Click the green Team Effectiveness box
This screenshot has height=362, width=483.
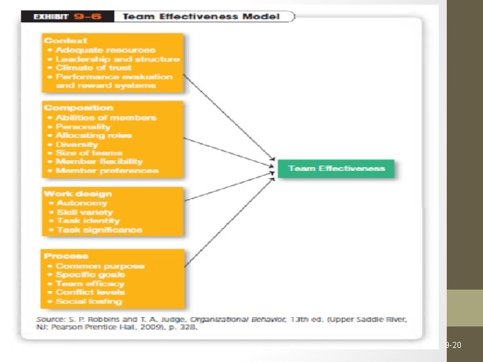tap(336, 168)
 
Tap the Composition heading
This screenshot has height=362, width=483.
tap(78, 107)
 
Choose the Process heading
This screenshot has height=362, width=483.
tap(66, 256)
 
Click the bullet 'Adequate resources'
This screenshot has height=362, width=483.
tap(105, 50)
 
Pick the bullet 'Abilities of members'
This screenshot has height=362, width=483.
tap(106, 117)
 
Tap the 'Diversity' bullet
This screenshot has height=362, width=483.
tap(77, 144)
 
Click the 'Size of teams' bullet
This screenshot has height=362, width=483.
tap(89, 153)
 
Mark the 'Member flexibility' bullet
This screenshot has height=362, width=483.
tap(99, 162)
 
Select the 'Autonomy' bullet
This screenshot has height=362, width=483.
tap(82, 203)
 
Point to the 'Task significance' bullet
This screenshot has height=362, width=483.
tap(99, 230)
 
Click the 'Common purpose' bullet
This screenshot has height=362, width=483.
tap(100, 266)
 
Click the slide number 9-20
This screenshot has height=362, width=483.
tap(453, 345)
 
